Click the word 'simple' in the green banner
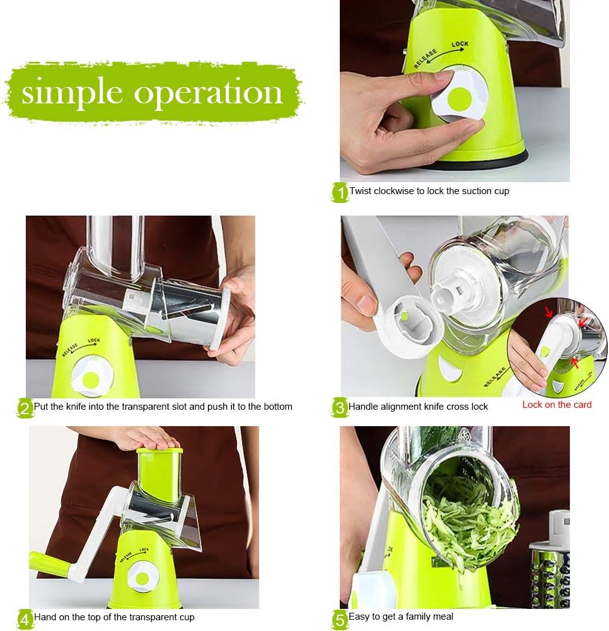click(71, 93)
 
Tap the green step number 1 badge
click(340, 192)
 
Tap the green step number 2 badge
click(24, 408)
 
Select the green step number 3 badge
click(339, 408)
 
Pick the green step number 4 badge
click(24, 618)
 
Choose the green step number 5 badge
click(340, 618)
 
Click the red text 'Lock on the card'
click(557, 405)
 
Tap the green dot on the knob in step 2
click(91, 380)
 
